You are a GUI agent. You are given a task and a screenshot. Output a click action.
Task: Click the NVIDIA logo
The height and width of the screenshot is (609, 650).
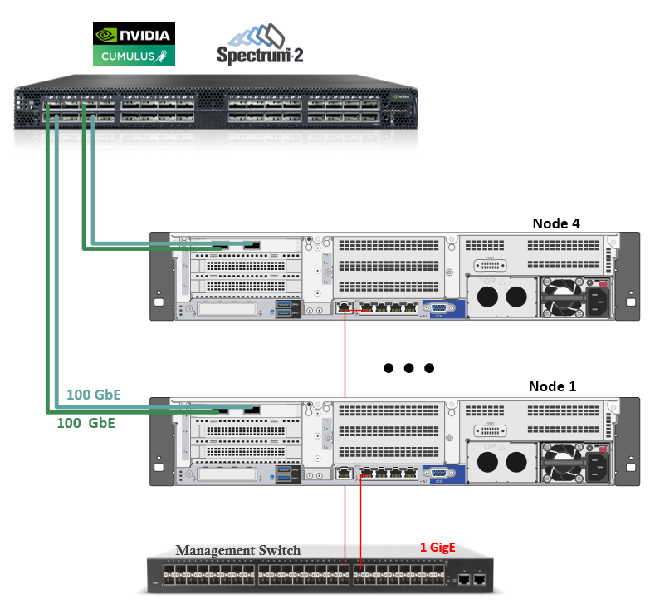134,35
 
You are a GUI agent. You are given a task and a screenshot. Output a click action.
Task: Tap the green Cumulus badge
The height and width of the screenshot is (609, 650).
134,56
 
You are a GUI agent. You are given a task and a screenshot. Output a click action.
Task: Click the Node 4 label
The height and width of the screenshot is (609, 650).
556,223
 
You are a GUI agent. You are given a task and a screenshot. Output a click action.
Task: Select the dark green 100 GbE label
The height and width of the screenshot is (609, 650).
85,423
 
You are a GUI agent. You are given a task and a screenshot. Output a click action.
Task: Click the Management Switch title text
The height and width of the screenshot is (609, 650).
237,550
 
